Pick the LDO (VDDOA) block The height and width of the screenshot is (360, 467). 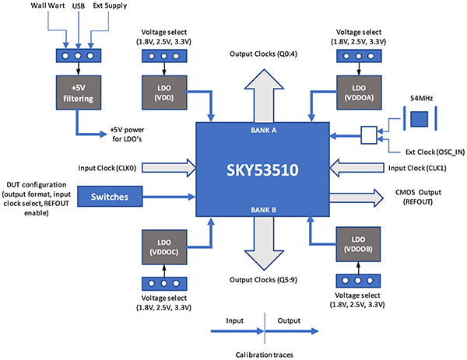[358, 93]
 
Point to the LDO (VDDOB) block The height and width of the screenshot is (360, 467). [357, 247]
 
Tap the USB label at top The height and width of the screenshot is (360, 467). [78, 7]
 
